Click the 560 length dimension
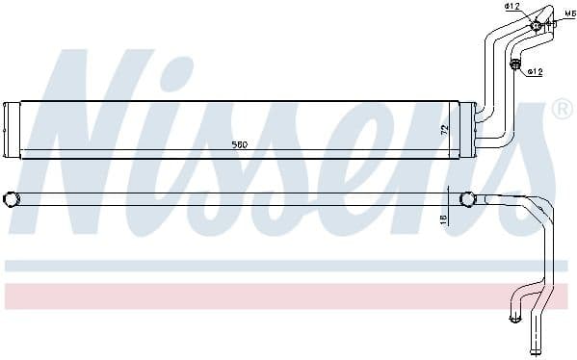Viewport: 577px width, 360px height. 240,144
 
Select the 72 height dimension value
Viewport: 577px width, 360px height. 444,128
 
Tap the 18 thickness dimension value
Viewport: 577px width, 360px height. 444,219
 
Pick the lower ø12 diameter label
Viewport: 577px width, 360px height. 536,71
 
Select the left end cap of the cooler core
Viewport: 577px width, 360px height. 12,129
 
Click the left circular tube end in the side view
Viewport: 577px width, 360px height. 12,199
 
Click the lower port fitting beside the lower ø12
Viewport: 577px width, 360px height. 514,65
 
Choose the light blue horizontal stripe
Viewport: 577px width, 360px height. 289,265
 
